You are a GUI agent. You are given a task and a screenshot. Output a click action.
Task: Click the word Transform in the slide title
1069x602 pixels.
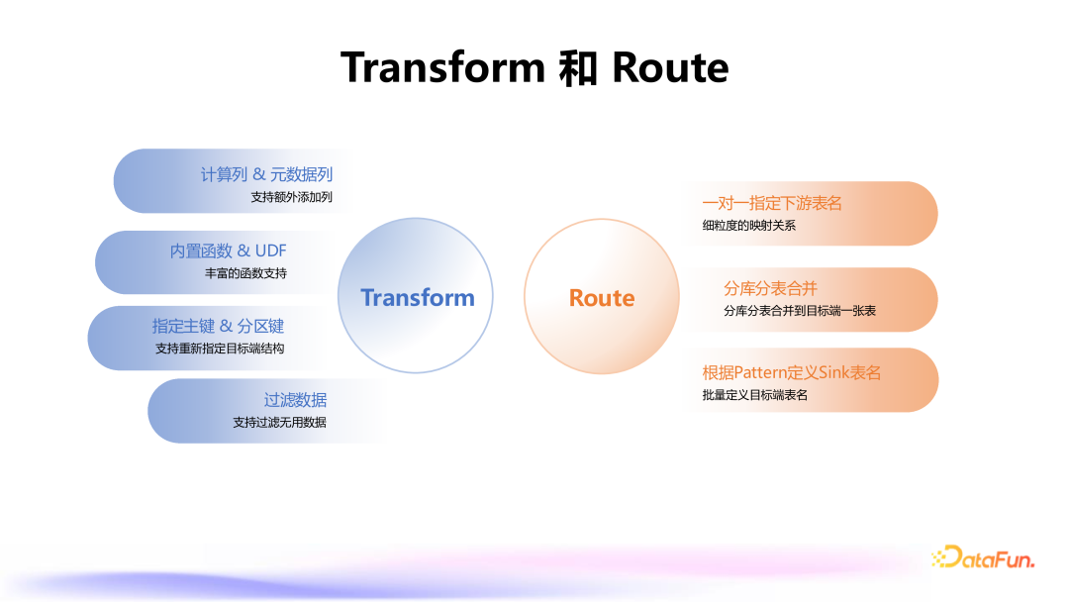(442, 67)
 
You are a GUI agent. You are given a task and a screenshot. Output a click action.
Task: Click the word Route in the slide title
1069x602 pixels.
(670, 67)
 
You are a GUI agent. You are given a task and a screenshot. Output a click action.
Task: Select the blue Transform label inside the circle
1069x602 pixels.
(417, 298)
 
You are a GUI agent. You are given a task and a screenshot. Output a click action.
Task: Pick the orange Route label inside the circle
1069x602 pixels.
(602, 298)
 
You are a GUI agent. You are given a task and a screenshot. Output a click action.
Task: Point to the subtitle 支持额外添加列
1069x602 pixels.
(291, 197)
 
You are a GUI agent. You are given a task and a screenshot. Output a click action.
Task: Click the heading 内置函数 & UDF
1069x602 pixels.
(228, 251)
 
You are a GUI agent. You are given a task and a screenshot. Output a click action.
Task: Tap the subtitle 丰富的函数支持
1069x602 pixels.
(245, 273)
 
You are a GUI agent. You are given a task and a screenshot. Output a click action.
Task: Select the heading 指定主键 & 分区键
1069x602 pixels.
(218, 326)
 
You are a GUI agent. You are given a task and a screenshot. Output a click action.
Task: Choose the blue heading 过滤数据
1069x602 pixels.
(295, 400)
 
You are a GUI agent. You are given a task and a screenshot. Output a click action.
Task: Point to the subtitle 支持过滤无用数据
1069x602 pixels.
(279, 423)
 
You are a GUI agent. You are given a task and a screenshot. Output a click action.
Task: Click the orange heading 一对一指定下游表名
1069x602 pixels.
(772, 203)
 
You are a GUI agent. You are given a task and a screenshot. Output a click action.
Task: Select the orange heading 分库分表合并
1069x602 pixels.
(770, 288)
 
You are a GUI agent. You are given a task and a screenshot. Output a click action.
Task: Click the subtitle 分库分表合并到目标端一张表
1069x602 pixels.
(800, 311)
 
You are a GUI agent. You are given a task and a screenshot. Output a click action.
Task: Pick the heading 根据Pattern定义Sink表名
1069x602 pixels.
(792, 373)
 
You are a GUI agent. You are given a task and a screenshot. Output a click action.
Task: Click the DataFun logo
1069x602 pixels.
(983, 558)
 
